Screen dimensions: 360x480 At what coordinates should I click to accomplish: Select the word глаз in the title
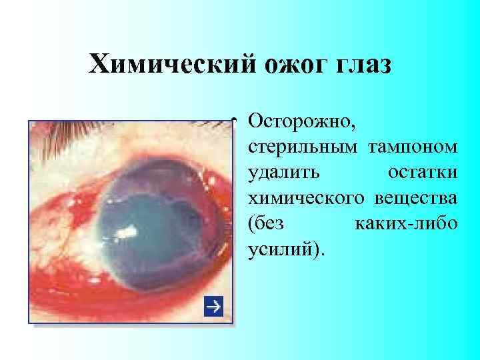(x=353, y=65)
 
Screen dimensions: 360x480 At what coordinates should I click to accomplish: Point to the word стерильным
(x=301, y=147)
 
